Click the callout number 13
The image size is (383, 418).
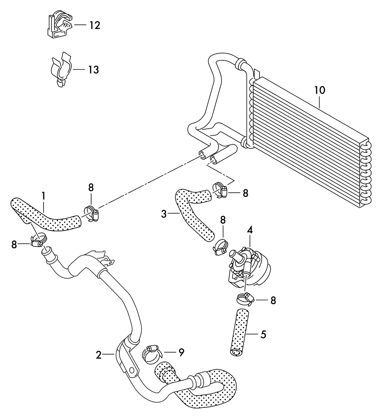pos(93,69)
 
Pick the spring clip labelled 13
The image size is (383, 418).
pos(61,69)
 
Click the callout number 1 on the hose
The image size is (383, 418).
pos(43,196)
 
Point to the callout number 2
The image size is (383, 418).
pos(99,355)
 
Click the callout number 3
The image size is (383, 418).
pos(164,214)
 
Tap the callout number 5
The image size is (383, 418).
pos(263,334)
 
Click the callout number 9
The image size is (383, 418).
pos(181,353)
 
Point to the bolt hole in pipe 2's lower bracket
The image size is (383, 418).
pos(132,370)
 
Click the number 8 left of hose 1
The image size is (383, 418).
pos(14,245)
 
